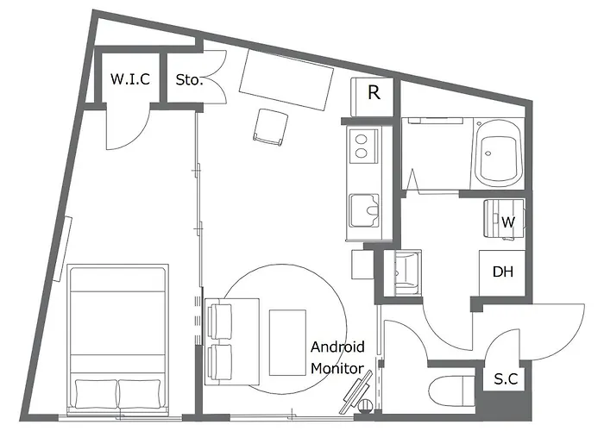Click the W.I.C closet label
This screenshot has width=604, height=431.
(130, 79)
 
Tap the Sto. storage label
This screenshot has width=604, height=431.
(189, 80)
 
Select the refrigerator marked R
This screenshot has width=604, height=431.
(372, 97)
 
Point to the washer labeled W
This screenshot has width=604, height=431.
(504, 218)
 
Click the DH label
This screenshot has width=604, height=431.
(503, 272)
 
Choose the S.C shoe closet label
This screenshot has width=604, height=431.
(506, 379)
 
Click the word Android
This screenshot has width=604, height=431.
(337, 347)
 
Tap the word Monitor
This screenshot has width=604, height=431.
(337, 369)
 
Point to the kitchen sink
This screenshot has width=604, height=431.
(364, 210)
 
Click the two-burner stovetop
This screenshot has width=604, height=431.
(363, 147)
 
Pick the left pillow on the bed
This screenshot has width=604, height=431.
(97, 394)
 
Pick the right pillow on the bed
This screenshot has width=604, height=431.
(140, 394)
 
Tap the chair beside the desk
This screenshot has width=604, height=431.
(271, 127)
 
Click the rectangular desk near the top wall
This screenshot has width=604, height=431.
(286, 79)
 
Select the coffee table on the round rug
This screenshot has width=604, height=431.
(287, 342)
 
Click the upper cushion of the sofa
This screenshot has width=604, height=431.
(220, 321)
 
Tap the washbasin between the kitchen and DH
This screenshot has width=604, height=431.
(403, 272)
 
